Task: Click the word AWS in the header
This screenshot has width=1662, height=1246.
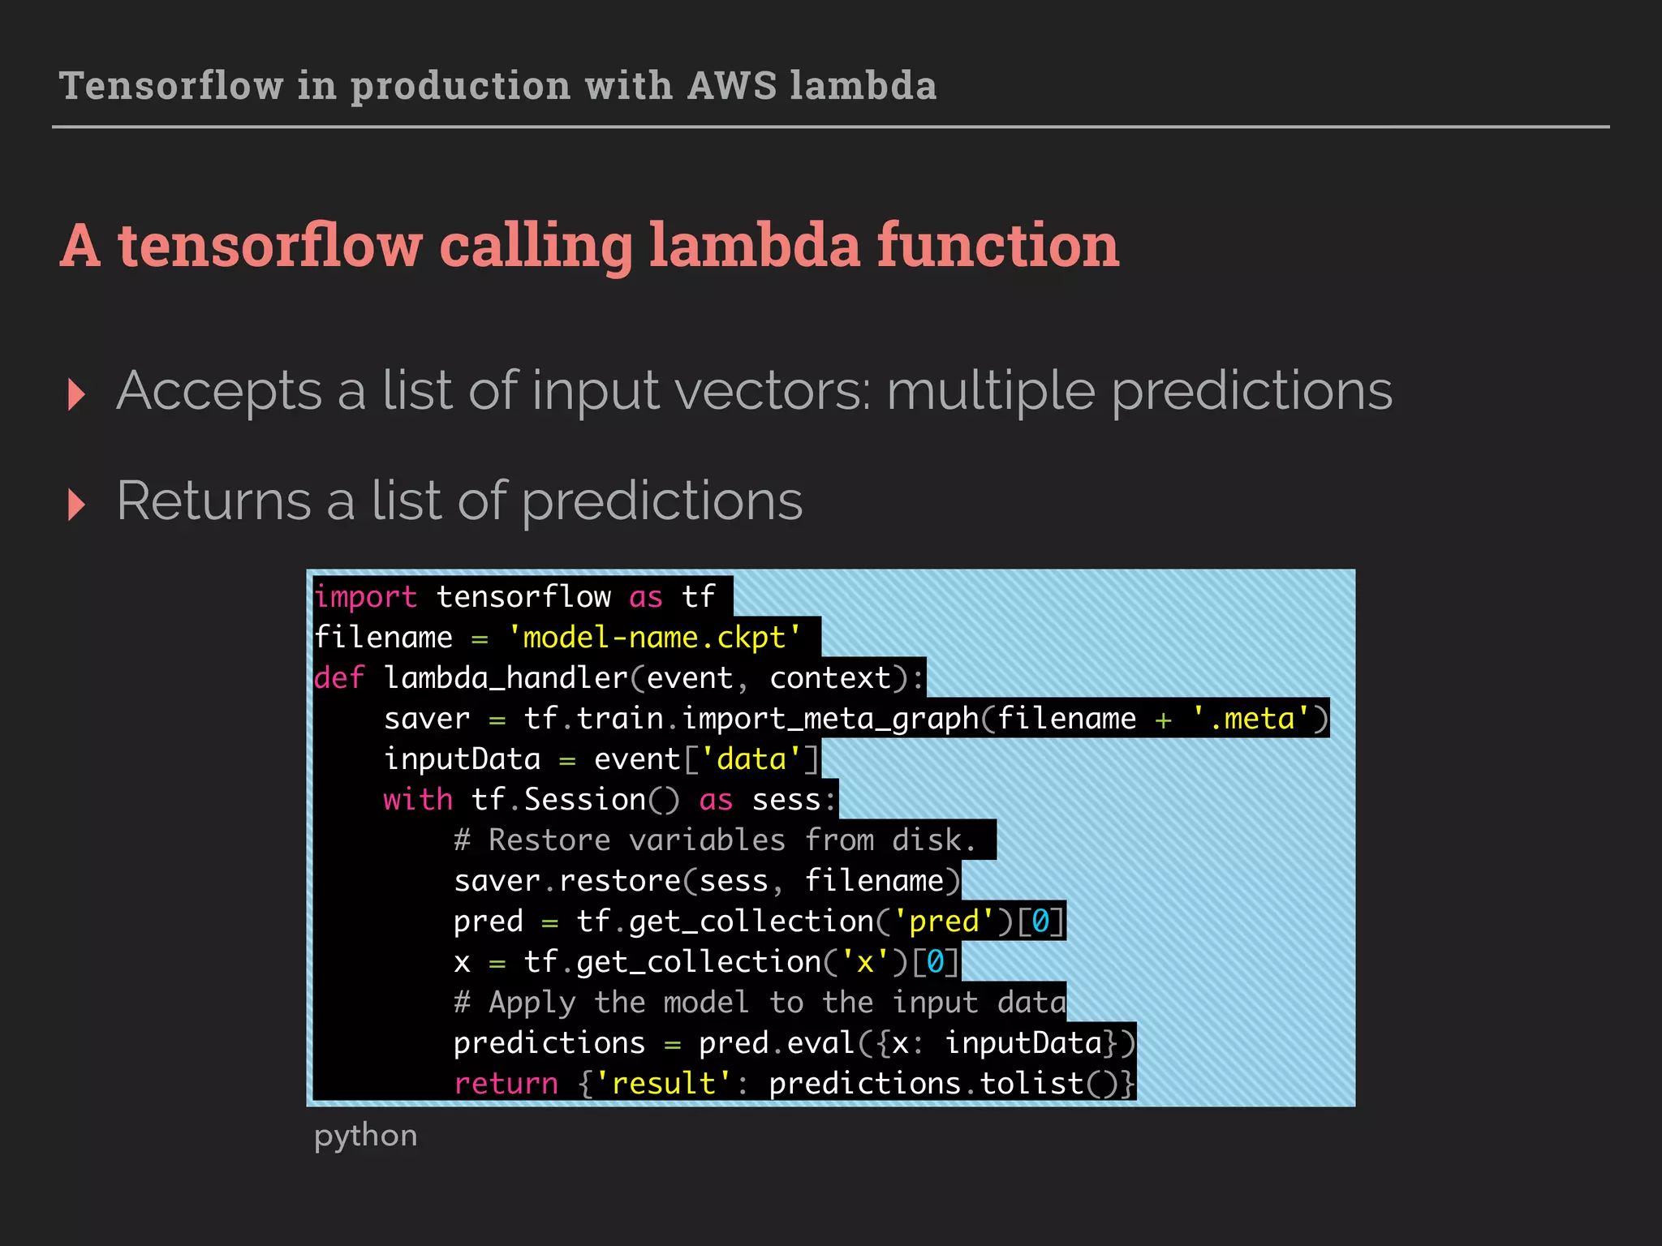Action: [732, 86]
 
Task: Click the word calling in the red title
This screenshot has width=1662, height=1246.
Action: [536, 245]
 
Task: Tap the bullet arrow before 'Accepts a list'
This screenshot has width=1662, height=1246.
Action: [77, 394]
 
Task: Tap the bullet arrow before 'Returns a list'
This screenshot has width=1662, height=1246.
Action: [77, 505]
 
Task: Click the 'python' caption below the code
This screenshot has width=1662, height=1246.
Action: [365, 1136]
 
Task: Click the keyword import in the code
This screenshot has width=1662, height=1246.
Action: [365, 597]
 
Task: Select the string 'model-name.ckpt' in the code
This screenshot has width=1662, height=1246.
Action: [654, 638]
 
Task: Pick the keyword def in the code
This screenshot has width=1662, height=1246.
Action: [339, 678]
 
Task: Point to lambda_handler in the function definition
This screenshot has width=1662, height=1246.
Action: [506, 678]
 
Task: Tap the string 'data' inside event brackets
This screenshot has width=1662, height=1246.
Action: [751, 759]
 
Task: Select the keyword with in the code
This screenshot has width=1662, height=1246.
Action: [418, 800]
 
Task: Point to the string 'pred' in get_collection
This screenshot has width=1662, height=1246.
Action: [944, 922]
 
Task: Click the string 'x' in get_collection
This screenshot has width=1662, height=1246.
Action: [865, 962]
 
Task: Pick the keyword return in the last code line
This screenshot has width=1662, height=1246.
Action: [506, 1084]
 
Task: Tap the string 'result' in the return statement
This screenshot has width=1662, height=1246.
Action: [664, 1084]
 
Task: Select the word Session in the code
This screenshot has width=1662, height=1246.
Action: [584, 800]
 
